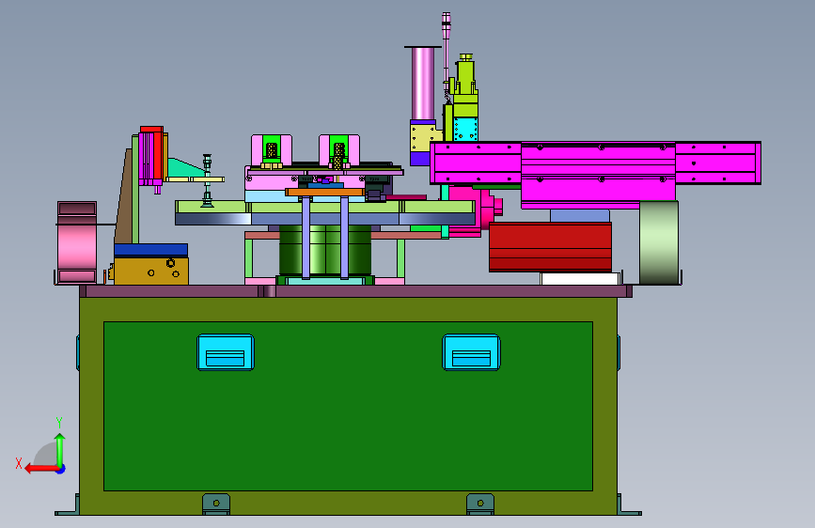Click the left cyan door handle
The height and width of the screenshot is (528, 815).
point(226,352)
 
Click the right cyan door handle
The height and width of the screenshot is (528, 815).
point(472,352)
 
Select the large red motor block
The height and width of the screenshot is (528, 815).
point(551,247)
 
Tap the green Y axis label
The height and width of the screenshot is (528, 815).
point(59,423)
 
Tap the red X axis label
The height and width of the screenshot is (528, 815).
point(19,463)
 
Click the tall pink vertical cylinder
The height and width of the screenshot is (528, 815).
point(423,84)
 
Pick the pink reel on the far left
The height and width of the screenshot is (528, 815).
point(77,242)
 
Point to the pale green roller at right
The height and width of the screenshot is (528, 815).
point(659,242)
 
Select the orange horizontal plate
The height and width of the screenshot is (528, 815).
point(325,193)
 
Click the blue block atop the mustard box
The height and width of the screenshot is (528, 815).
point(150,250)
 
